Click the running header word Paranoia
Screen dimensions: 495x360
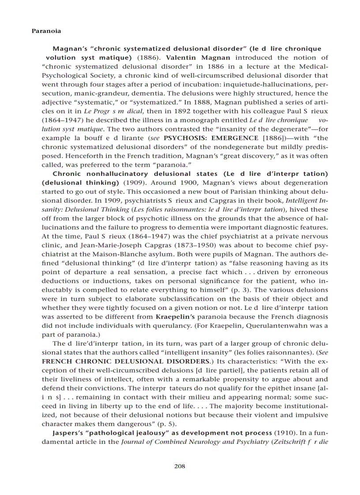[46, 31]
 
